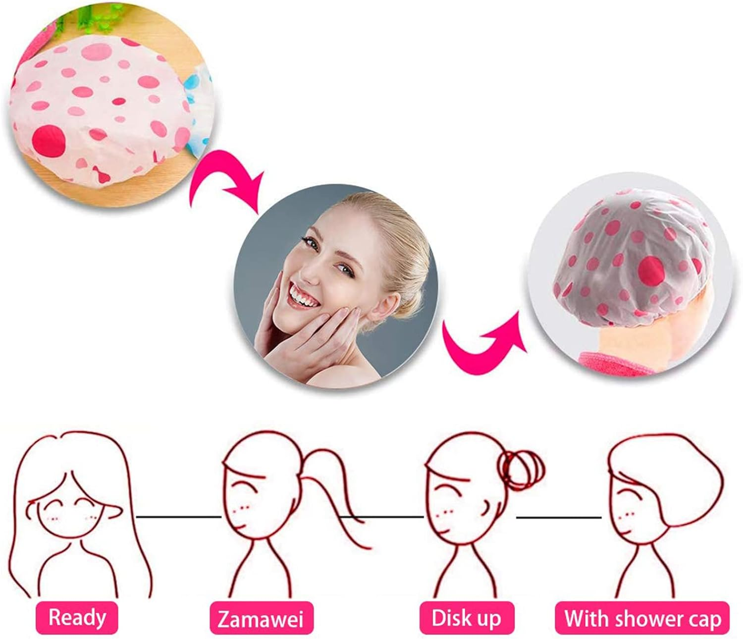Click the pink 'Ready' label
[77, 617]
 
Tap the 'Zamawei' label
[261, 618]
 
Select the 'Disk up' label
[466, 618]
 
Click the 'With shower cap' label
[642, 618]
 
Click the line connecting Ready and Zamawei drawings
[178, 517]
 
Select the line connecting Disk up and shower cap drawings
[558, 518]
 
